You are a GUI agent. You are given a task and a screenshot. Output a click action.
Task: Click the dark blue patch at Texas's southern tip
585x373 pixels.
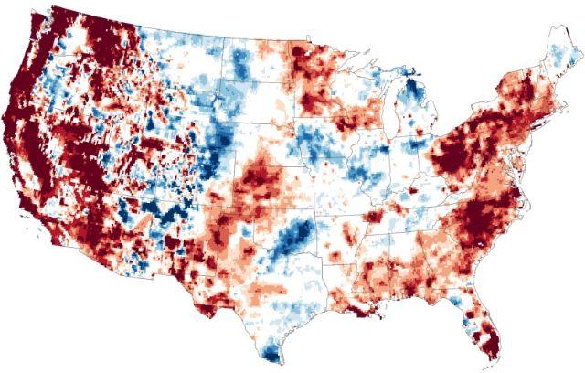click(x=271, y=353)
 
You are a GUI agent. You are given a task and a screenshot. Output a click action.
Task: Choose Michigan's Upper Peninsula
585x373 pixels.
click(x=379, y=80)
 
